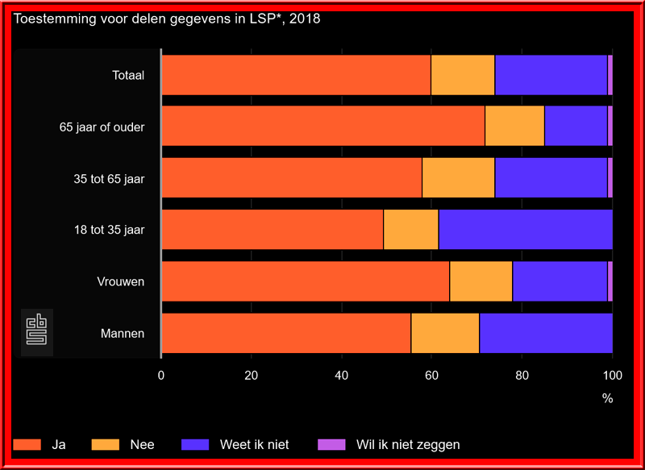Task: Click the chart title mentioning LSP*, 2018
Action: pos(167,19)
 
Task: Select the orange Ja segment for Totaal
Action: pos(296,75)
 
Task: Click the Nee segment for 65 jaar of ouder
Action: pos(514,127)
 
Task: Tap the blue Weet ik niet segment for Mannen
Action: pos(546,333)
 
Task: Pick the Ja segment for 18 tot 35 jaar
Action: pos(273,230)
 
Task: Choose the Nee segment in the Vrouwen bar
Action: pos(481,281)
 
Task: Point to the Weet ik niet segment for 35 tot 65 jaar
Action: pos(551,178)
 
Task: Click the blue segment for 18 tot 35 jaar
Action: pos(525,230)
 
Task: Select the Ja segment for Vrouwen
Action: pos(306,281)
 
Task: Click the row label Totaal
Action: pos(128,76)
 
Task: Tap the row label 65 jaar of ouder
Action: pos(102,127)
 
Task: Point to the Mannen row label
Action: pos(123,333)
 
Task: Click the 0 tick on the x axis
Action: pos(161,375)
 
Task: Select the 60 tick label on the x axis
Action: pos(432,375)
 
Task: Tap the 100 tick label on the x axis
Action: pos(612,375)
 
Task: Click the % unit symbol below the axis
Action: pos(607,398)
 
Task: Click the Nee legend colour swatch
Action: pos(106,444)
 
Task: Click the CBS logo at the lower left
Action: pos(37,331)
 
